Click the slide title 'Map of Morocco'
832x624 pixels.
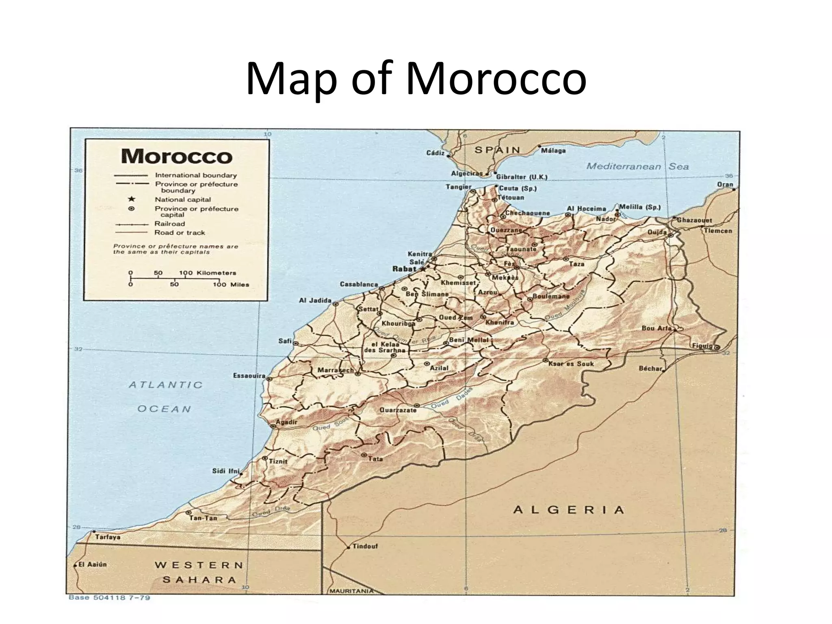point(416,78)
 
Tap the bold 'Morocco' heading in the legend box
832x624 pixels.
point(177,156)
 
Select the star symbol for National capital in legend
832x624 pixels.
point(131,199)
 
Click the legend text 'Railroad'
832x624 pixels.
point(169,224)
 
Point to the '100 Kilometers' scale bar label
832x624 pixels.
point(207,273)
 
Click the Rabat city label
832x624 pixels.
point(404,269)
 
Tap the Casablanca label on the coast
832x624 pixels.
point(359,284)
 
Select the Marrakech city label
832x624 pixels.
point(335,370)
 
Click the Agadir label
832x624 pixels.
point(286,422)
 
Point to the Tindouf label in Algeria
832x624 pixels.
point(365,546)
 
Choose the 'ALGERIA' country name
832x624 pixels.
point(568,510)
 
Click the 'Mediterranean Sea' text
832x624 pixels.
point(637,166)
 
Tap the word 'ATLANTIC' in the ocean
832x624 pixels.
point(165,385)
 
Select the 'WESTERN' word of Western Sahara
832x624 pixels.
point(199,565)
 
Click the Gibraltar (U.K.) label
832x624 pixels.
point(522,177)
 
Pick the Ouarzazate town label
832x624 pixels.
point(398,410)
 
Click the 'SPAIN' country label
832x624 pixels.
point(497,150)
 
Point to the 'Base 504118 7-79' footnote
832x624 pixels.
point(109,598)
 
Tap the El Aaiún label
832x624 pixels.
point(92,564)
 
